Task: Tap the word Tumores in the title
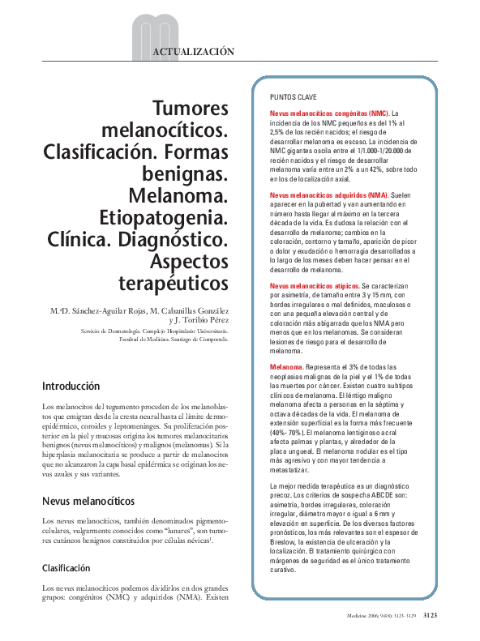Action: pos(191,109)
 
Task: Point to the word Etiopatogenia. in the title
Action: pos(174,218)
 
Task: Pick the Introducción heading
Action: pos(71,387)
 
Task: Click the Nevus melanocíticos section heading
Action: pos(88,479)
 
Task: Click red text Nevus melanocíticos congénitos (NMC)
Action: pos(328,113)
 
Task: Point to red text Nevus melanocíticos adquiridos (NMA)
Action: pos(329,196)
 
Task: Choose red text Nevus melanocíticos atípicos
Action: pos(314,287)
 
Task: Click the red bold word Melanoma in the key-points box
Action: pos(288,368)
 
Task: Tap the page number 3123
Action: pos(431,617)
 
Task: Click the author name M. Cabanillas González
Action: pos(182,310)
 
